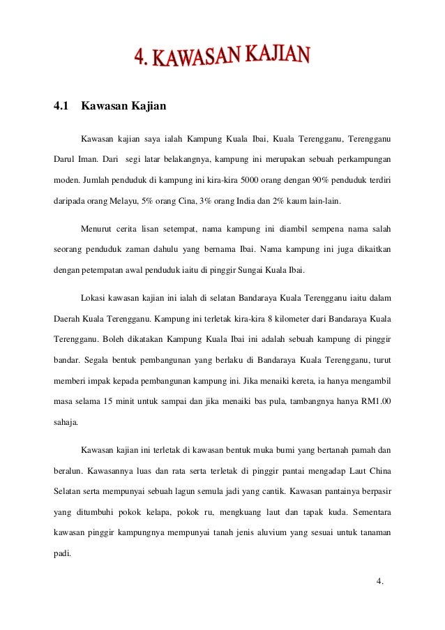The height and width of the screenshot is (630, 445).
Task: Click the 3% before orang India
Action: tap(219, 202)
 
